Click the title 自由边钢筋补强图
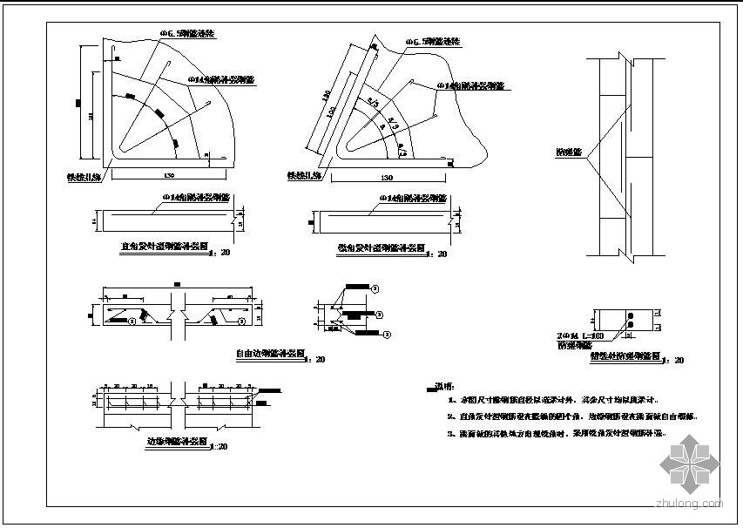click(x=270, y=355)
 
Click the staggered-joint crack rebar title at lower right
click(x=625, y=355)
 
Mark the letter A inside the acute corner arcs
click(x=381, y=126)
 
